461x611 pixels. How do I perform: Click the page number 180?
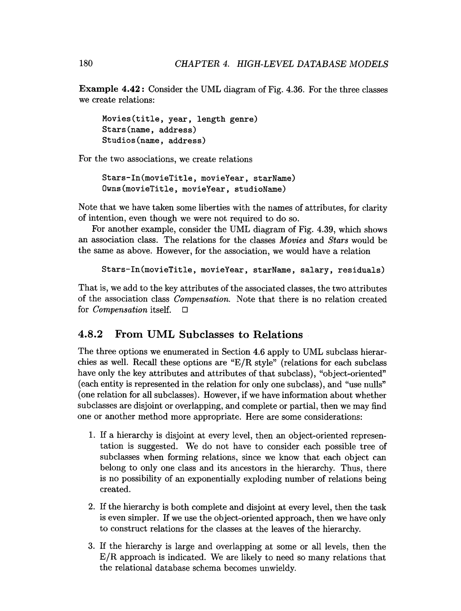[86, 63]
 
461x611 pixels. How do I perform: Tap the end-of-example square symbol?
[185, 310]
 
